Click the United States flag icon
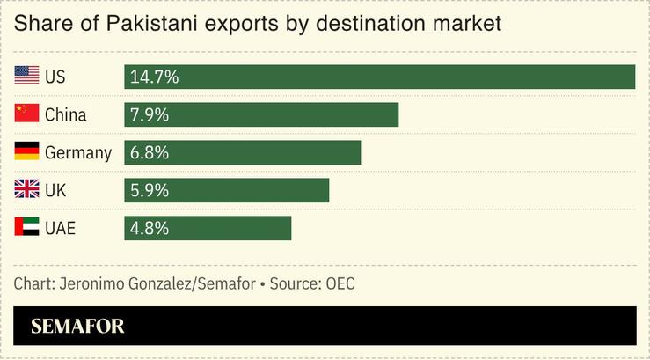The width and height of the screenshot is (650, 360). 26,77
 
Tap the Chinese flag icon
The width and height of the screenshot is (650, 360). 26,114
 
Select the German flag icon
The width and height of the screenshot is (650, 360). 26,152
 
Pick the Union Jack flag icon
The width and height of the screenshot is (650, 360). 26,190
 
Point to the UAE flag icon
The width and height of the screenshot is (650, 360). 26,228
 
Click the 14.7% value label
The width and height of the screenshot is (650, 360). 154,77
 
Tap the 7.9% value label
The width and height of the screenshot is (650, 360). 150,114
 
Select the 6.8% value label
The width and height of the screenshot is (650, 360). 150,152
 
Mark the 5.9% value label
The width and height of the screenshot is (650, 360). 150,190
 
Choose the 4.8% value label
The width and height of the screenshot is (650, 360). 150,228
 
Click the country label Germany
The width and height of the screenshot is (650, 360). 78,153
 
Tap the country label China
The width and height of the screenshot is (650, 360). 66,114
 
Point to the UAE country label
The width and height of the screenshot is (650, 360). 60,228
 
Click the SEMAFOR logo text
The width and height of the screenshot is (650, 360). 77,327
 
